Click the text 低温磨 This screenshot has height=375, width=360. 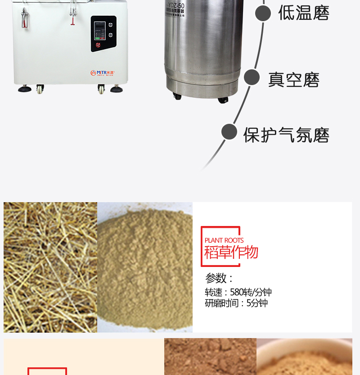[x=304, y=13]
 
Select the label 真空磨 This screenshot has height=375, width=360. [x=293, y=80]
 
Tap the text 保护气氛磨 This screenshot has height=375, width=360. [x=286, y=135]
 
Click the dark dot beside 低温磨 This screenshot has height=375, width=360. [x=263, y=13]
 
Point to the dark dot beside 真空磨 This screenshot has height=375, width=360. [x=252, y=77]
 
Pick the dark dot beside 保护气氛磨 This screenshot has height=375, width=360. [x=229, y=132]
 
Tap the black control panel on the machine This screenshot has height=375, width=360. [x=103, y=34]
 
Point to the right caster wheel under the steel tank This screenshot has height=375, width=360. [x=223, y=99]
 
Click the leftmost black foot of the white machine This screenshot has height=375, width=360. [x=25, y=89]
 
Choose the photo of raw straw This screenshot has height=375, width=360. [x=50, y=267]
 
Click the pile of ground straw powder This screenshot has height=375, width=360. [x=145, y=267]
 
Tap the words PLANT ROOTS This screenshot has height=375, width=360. [x=224, y=240]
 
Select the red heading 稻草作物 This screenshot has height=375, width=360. [x=231, y=252]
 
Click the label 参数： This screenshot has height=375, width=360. [x=219, y=278]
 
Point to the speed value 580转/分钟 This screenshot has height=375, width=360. [x=251, y=292]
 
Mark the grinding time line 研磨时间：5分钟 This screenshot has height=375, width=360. [x=236, y=303]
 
